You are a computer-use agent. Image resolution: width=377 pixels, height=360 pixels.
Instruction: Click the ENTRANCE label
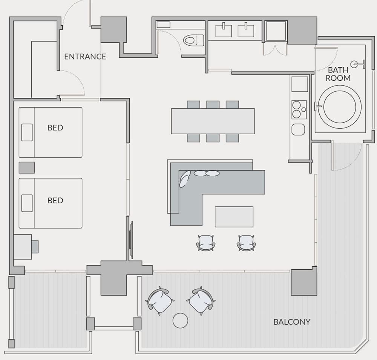(85, 57)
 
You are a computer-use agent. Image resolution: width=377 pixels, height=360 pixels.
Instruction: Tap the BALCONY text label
(292, 322)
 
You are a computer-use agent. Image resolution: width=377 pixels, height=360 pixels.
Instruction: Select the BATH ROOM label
(338, 74)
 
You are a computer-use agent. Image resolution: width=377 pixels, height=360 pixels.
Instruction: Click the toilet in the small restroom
(193, 40)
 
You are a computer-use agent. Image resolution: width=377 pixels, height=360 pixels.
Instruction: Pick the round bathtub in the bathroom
(339, 107)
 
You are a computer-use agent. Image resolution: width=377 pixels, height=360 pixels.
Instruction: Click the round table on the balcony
(180, 320)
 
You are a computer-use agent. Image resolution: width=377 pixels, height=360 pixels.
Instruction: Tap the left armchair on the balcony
(160, 301)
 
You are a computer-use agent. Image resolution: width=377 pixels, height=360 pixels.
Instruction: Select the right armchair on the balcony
(201, 301)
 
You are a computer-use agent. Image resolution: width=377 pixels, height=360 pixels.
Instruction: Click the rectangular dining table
(213, 121)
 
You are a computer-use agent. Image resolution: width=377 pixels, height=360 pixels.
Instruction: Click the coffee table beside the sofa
(234, 217)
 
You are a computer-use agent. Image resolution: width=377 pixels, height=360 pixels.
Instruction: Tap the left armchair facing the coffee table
(206, 243)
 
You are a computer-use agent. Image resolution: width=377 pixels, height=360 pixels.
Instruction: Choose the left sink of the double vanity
(224, 30)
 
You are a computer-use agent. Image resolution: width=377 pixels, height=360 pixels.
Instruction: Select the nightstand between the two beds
(27, 168)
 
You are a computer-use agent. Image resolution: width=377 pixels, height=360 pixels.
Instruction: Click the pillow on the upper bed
(27, 132)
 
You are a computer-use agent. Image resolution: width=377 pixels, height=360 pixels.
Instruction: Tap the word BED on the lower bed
(55, 200)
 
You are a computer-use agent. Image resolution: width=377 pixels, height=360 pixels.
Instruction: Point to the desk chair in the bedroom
(35, 246)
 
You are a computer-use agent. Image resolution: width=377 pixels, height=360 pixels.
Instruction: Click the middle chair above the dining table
(213, 105)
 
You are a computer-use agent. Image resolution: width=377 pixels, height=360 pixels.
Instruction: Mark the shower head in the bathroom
(355, 64)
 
